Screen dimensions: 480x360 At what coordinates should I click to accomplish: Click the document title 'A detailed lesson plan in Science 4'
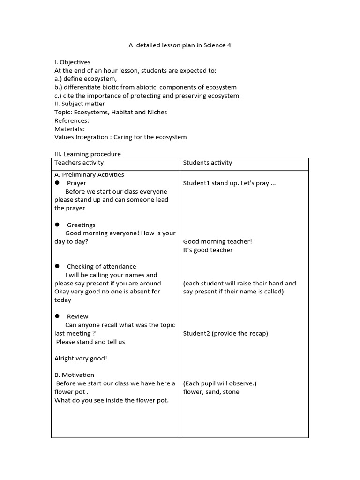click(x=180, y=45)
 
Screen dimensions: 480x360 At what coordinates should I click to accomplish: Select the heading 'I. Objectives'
click(x=73, y=62)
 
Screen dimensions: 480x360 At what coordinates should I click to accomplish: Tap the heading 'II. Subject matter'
click(x=80, y=104)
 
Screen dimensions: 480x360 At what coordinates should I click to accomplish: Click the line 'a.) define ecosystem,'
click(x=86, y=79)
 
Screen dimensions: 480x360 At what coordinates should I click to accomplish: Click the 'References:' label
click(x=72, y=120)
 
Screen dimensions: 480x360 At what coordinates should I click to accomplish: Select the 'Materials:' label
click(x=69, y=129)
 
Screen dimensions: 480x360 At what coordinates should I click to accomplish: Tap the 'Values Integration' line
click(x=120, y=137)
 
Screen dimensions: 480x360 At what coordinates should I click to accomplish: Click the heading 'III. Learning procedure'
click(x=88, y=154)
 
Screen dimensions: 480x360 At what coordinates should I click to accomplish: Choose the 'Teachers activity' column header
click(x=79, y=163)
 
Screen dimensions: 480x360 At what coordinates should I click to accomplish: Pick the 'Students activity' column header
click(x=208, y=163)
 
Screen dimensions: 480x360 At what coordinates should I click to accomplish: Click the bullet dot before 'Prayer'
click(x=57, y=183)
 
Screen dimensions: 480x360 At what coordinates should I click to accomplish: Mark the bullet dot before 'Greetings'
click(x=57, y=225)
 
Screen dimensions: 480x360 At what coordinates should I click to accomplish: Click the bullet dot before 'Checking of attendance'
click(x=57, y=266)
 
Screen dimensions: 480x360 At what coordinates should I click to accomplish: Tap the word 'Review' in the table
click(x=77, y=316)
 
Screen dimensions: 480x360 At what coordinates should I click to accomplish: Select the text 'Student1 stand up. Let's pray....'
click(x=229, y=183)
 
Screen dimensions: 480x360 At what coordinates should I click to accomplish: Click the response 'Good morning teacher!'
click(x=217, y=241)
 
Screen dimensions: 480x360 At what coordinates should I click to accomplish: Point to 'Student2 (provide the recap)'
click(x=225, y=333)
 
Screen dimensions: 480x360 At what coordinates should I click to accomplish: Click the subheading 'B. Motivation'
click(x=74, y=375)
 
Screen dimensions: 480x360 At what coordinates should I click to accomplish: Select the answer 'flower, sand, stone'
click(x=211, y=392)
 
